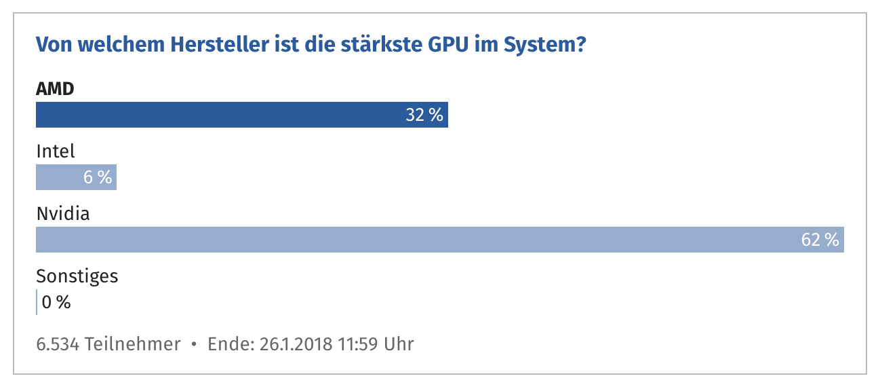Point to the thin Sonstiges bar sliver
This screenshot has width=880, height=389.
37,302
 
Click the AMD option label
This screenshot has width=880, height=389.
55,88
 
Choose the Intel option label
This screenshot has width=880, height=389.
56,151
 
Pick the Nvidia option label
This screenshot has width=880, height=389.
63,214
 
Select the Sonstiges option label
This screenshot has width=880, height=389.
77,276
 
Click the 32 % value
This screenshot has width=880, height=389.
424,115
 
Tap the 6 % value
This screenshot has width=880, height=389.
98,178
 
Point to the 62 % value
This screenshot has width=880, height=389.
820,240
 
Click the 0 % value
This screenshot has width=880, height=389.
56,303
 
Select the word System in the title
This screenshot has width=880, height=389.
540,46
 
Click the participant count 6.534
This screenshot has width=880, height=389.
58,344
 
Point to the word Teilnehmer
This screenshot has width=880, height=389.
133,344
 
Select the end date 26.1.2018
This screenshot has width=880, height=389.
296,344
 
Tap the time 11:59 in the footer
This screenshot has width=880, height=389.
357,344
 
